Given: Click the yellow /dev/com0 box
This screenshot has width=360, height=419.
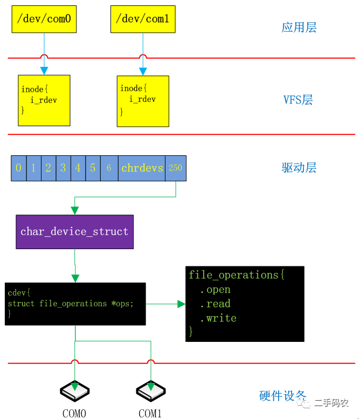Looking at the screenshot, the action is point(44,19).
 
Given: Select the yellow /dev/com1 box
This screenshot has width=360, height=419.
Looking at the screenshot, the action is point(143,19).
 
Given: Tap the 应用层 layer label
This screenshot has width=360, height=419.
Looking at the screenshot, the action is point(299,28).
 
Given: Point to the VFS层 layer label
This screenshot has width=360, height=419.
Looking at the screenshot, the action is point(298,100).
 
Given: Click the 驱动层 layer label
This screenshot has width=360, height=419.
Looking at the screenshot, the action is point(299,168).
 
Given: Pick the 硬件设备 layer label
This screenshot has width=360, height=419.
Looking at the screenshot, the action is point(282,396).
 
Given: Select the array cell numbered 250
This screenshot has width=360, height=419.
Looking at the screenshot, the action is point(176,168).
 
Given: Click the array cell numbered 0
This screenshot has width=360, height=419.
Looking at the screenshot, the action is point(19,168).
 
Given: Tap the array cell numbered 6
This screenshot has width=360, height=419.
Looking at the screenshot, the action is point(109,168).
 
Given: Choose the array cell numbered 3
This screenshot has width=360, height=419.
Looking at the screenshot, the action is point(63,168).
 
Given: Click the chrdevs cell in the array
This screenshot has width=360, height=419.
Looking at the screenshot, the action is point(142,168).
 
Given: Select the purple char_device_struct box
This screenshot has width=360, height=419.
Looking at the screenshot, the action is point(74,232).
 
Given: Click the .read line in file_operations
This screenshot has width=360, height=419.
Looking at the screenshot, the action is point(215,304).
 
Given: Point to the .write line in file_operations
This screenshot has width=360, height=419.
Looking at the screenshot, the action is point(218,318).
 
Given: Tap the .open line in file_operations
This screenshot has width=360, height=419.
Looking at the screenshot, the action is point(215,290).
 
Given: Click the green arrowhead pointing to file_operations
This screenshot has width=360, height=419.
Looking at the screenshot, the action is point(181,304).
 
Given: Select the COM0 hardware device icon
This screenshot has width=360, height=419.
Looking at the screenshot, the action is point(74,391).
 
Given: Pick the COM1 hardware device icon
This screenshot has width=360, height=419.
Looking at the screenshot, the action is point(151,391).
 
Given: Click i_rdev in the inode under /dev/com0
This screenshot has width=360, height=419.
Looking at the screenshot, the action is point(44,100).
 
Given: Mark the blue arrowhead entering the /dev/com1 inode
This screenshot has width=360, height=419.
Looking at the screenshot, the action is point(143,71).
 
